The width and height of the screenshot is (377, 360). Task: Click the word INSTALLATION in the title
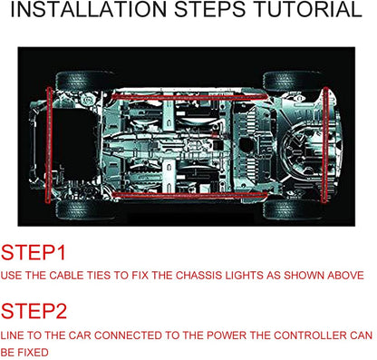click(89, 9)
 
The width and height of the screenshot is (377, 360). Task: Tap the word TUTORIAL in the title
click(308, 9)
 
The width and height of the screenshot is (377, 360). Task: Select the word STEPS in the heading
click(210, 9)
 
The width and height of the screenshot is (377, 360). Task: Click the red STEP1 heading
click(34, 253)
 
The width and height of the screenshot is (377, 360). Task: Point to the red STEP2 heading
click(34, 311)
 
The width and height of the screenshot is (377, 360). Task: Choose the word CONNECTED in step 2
click(128, 336)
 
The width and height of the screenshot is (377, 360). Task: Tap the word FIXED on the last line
click(33, 353)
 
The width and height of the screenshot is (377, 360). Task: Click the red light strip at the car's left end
click(49, 145)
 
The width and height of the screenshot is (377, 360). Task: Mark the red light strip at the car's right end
click(325, 145)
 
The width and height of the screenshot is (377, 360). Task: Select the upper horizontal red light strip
click(189, 97)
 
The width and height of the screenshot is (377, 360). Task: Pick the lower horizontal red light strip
click(189, 195)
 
